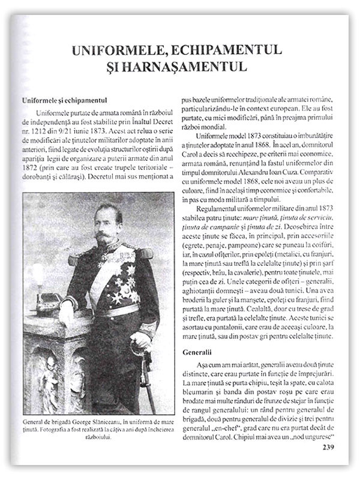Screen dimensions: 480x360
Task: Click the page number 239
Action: point(332,446)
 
